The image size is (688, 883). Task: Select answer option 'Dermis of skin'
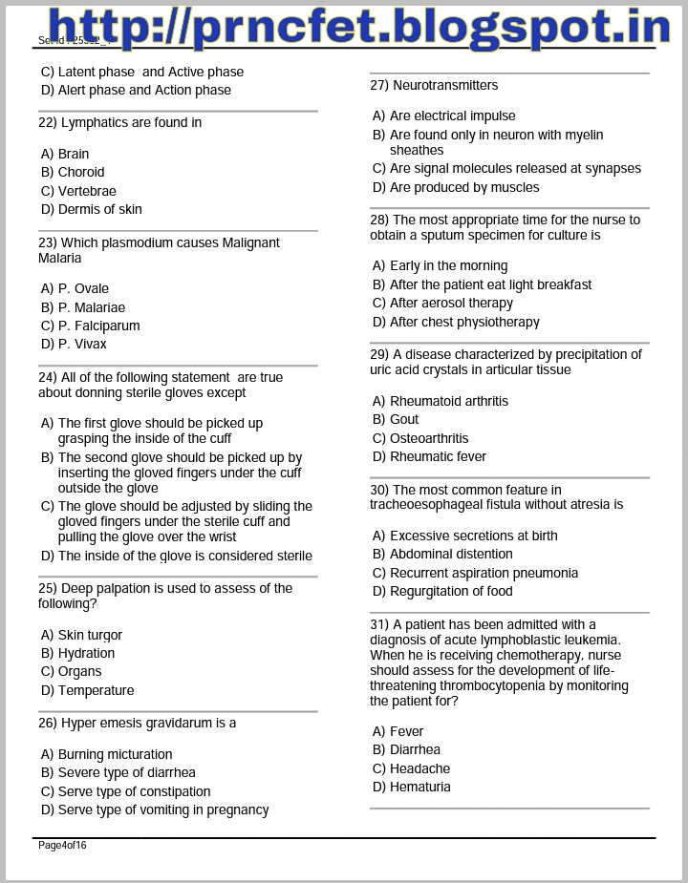(99, 209)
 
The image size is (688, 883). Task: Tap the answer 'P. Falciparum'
(98, 326)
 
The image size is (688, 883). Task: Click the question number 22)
(48, 122)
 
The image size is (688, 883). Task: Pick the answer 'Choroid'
(81, 172)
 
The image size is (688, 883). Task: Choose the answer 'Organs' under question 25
(79, 671)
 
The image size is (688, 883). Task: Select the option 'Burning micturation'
(115, 754)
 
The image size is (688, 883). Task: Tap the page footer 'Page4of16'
(62, 845)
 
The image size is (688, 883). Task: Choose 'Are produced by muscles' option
(464, 187)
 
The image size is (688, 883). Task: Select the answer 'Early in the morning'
(448, 265)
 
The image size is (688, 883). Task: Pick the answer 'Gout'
(404, 419)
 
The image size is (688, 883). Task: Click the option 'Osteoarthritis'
(429, 438)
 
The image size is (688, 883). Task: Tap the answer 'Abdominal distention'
(451, 554)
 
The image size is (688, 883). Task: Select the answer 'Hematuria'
(419, 787)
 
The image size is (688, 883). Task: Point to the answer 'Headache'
(419, 768)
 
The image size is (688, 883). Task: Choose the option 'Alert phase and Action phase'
(144, 90)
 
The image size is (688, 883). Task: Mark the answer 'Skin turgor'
(90, 635)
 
